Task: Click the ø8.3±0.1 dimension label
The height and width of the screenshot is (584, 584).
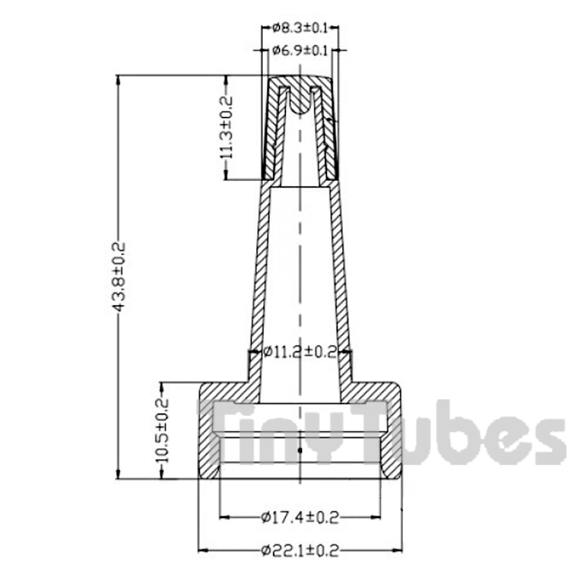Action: click(x=300, y=28)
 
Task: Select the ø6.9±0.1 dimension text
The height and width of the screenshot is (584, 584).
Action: click(x=300, y=50)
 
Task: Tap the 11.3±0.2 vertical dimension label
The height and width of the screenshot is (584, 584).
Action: click(x=226, y=128)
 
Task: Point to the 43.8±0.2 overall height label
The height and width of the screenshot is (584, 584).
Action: click(x=118, y=276)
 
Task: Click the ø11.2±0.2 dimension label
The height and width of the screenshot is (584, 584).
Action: click(x=300, y=352)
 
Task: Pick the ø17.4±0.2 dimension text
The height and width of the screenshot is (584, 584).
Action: click(x=300, y=517)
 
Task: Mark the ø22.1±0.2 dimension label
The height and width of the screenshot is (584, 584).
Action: click(x=300, y=550)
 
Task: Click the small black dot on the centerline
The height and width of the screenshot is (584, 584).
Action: click(x=300, y=451)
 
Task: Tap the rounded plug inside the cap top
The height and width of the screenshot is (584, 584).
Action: click(x=300, y=102)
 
